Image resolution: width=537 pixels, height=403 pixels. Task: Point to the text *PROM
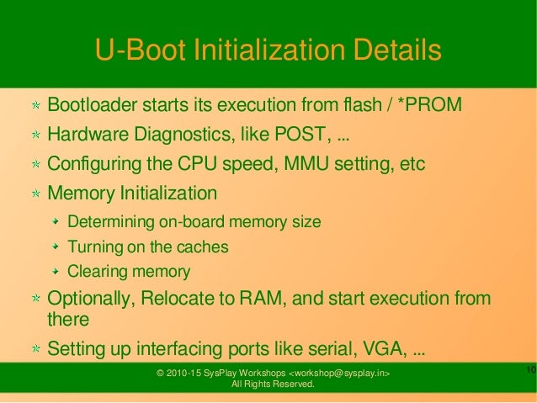pyautogui.click(x=429, y=106)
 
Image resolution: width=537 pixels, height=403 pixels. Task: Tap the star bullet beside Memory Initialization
pyautogui.click(x=36, y=194)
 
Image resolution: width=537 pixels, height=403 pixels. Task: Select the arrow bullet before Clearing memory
pyautogui.click(x=56, y=272)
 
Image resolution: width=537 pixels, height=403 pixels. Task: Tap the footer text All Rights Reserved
pyautogui.click(x=273, y=385)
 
